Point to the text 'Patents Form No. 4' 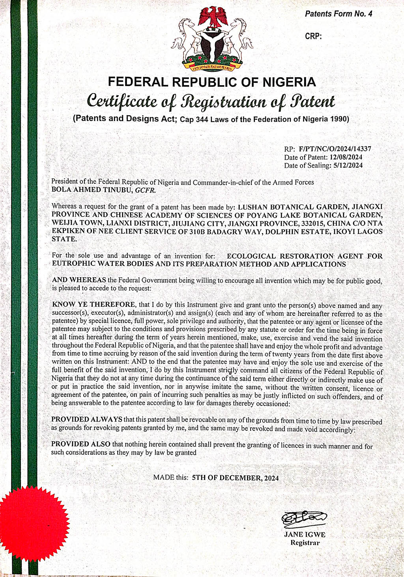coord(339,14)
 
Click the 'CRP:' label coord(314,36)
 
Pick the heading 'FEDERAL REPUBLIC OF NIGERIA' coord(212,82)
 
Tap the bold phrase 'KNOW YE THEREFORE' coord(94,305)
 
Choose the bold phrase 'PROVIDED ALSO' coord(81,444)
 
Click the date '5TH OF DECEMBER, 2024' coord(235,478)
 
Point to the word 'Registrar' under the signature coord(305,543)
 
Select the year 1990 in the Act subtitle coord(339,119)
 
